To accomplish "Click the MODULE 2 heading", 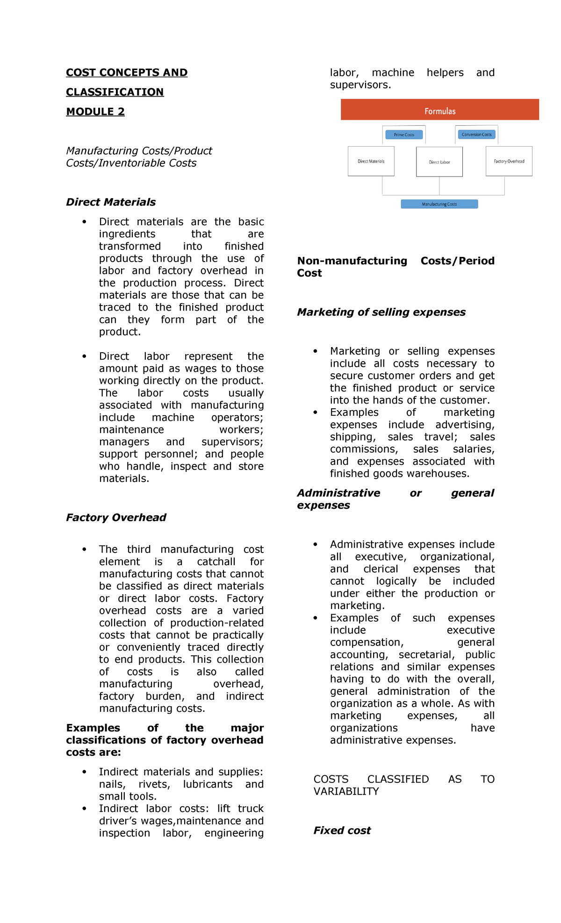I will [x=95, y=112].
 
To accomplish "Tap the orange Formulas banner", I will [x=439, y=110].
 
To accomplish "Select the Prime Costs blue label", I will [x=404, y=135].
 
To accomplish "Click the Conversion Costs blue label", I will [x=476, y=135].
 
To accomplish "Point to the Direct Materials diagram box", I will [x=371, y=161].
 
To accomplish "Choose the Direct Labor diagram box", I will [x=439, y=162].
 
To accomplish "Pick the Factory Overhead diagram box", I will [x=509, y=161].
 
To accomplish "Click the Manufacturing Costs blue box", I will [x=439, y=204].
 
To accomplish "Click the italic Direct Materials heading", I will [x=111, y=202].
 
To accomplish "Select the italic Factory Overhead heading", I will [x=116, y=518].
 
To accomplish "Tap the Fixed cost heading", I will [x=342, y=831].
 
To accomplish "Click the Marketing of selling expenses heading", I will [x=381, y=312].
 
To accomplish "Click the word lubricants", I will [x=208, y=784].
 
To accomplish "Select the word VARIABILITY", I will [x=346, y=791].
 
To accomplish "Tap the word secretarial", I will [x=426, y=654].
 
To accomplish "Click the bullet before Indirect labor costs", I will [x=84, y=809].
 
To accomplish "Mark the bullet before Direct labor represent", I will [x=84, y=356].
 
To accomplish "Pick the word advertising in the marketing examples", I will [x=465, y=425].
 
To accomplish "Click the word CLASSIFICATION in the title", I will [x=115, y=92].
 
